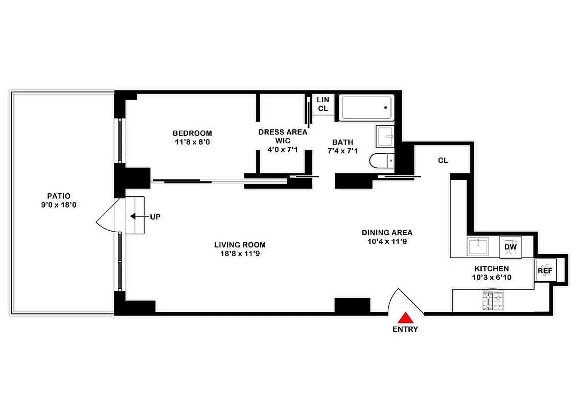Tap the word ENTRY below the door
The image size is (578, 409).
(x=405, y=329)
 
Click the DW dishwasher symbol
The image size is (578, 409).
(x=511, y=247)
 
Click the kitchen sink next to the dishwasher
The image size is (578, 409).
(x=478, y=247)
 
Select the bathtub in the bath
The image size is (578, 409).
(x=366, y=107)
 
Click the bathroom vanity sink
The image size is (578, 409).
(x=385, y=136)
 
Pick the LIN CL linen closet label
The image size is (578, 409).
(x=323, y=104)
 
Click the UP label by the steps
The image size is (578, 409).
(x=155, y=217)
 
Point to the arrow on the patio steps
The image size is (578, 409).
(x=135, y=217)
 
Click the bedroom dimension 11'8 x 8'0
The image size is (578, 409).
(x=192, y=142)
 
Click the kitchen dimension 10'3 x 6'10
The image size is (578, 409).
(x=492, y=277)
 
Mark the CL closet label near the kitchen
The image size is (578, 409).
(x=443, y=161)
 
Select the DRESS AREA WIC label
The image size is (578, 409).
(x=283, y=137)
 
